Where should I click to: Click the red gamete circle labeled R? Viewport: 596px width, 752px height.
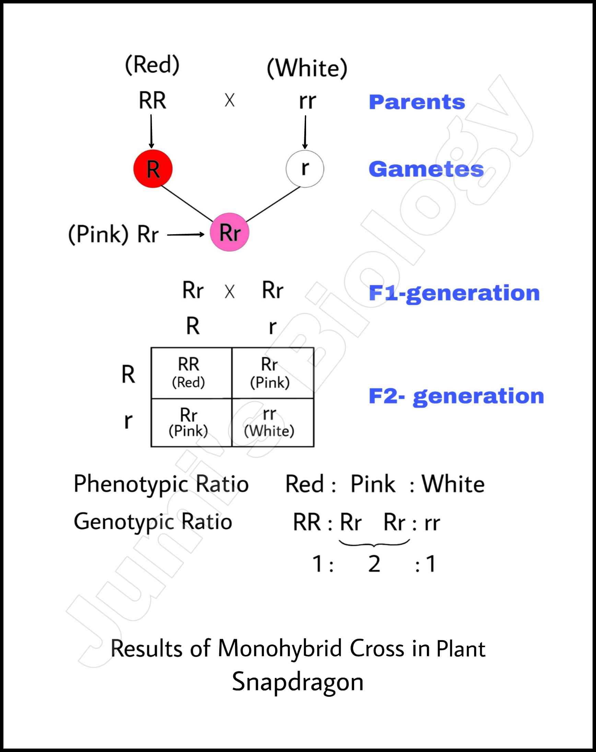tap(153, 169)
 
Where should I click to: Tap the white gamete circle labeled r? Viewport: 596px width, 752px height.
tap(305, 169)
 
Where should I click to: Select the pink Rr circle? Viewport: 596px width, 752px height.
tap(230, 232)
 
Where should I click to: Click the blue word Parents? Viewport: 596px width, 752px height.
tap(417, 102)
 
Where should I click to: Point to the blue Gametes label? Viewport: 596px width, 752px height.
tap(426, 169)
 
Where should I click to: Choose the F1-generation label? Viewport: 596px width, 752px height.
tap(454, 293)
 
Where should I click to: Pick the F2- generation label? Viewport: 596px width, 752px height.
tap(456, 396)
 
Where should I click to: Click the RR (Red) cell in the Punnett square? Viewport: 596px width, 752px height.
tap(191, 373)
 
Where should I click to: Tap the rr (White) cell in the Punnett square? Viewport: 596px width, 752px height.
tap(272, 422)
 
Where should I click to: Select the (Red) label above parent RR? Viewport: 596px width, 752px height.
tap(152, 65)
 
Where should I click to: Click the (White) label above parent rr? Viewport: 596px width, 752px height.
tap(307, 68)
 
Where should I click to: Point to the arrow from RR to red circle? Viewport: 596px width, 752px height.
tap(151, 131)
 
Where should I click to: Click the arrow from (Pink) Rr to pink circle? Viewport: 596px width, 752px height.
tap(186, 235)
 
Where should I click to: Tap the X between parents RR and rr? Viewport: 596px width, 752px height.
tap(230, 100)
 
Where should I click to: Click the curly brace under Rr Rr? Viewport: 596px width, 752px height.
tap(374, 543)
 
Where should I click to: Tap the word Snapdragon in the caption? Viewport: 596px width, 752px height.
tap(297, 681)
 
